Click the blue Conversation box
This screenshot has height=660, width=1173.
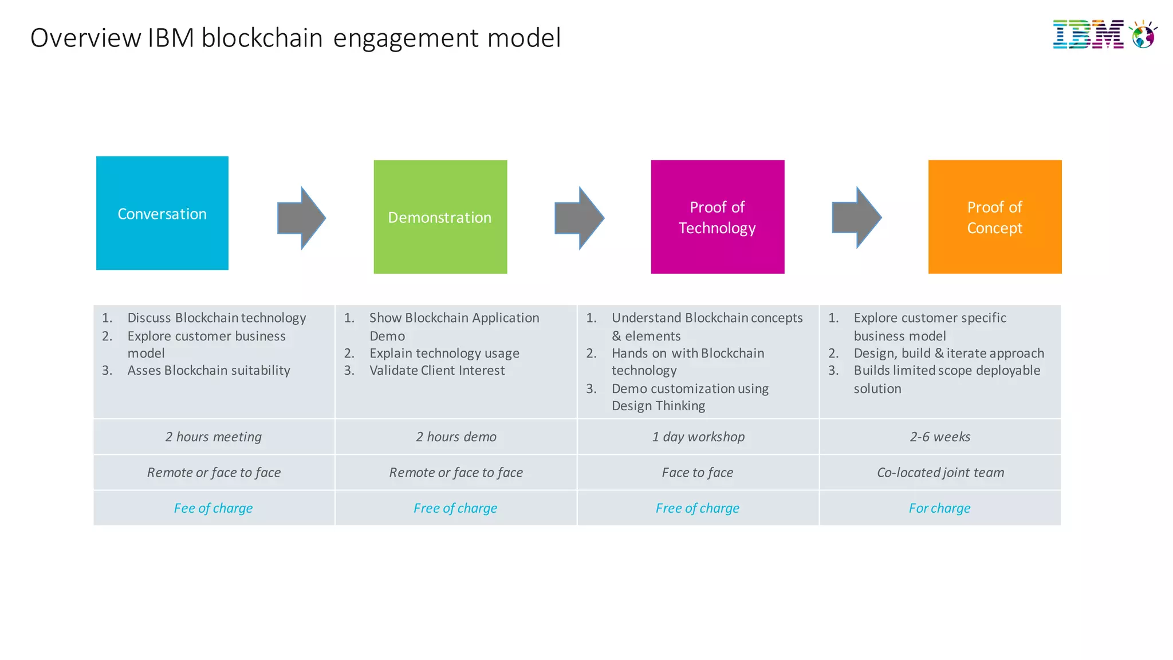click(162, 213)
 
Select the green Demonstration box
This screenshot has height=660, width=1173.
click(440, 217)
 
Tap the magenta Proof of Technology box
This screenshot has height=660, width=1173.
click(717, 217)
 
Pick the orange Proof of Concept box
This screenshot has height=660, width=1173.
click(995, 217)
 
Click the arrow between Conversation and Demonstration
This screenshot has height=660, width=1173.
click(301, 218)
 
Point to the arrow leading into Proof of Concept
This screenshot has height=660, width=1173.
click(856, 218)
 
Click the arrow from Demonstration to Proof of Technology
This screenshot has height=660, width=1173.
click(579, 218)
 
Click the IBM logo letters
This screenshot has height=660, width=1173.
click(1088, 34)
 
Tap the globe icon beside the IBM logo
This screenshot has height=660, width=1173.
click(1143, 36)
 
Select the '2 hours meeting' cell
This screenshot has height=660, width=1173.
click(214, 437)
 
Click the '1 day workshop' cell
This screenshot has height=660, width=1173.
click(698, 437)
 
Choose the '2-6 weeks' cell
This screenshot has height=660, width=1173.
click(940, 437)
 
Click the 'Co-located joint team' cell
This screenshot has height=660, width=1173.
click(940, 472)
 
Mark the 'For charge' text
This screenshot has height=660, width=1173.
click(939, 508)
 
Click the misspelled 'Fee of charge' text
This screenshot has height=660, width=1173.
click(213, 508)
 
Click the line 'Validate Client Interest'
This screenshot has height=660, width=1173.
click(436, 371)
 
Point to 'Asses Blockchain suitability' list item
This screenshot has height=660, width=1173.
click(208, 371)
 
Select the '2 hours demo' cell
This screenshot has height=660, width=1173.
click(456, 437)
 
